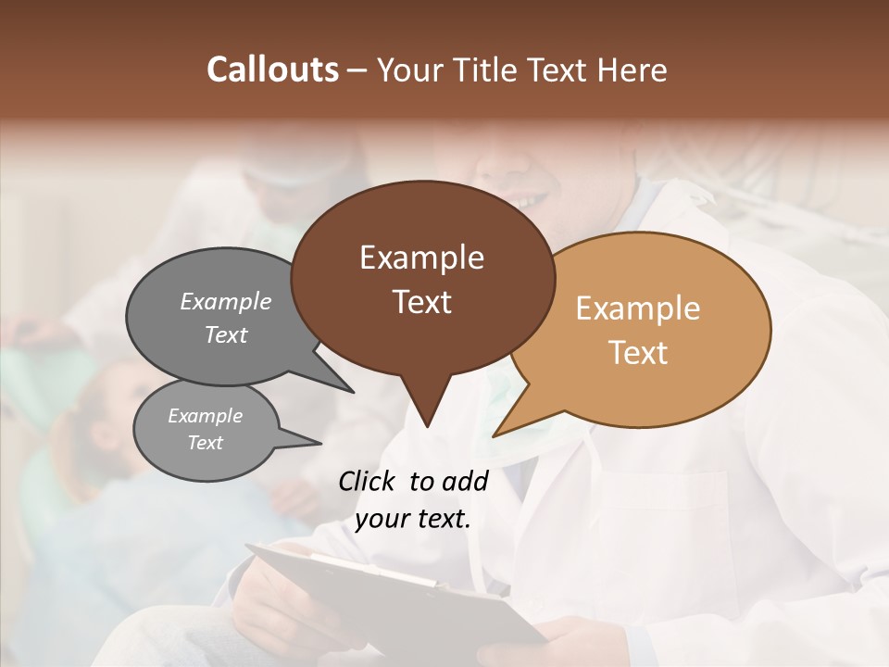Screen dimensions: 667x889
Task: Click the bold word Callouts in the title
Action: click(x=273, y=69)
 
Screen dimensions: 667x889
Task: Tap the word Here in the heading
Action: click(x=632, y=69)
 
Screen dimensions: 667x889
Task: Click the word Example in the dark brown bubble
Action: click(x=421, y=258)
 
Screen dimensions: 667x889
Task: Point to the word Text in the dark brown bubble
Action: click(x=421, y=302)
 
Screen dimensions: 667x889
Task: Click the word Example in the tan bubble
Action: click(x=638, y=308)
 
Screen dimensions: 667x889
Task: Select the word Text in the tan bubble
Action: click(x=638, y=353)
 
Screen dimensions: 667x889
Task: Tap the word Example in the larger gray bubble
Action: click(x=226, y=301)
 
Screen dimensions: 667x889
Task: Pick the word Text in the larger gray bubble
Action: click(x=226, y=334)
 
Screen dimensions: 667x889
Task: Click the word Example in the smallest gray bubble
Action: click(x=205, y=416)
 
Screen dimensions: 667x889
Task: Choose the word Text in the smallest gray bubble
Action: click(x=205, y=443)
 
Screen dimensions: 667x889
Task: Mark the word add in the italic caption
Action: click(x=465, y=481)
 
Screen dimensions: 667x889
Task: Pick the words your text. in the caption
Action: click(x=412, y=520)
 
